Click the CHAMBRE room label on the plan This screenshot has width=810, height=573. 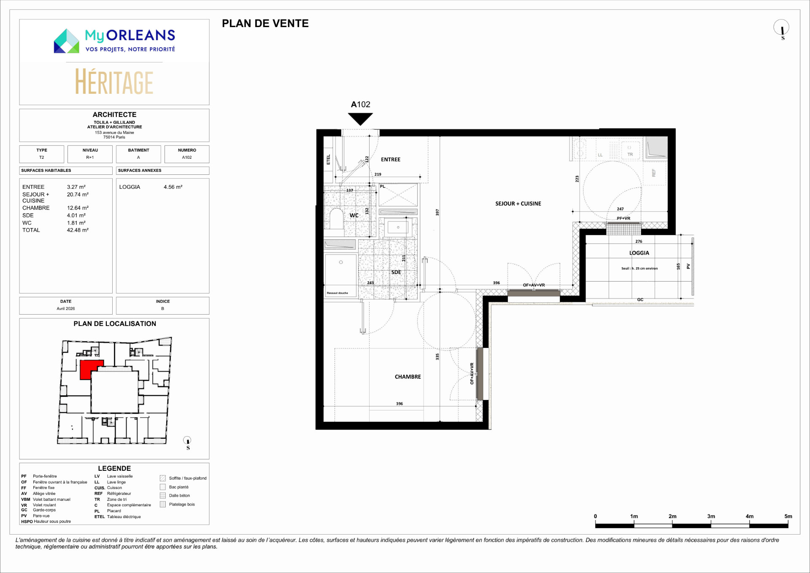[x=408, y=377]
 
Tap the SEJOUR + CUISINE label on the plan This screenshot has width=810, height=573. [x=518, y=204]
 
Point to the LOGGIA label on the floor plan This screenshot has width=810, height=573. [x=639, y=253]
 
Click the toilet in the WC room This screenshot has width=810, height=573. [x=336, y=218]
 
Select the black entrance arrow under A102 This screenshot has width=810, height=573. [x=360, y=119]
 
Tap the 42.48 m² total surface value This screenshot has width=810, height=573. [x=78, y=230]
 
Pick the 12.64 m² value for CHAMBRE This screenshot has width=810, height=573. [x=78, y=208]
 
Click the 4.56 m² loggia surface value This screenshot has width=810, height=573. [x=173, y=187]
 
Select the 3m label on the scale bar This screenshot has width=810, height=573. [x=711, y=516]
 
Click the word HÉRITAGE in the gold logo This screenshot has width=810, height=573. [x=114, y=82]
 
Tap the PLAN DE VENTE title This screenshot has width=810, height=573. [x=265, y=23]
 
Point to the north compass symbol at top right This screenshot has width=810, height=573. [x=781, y=28]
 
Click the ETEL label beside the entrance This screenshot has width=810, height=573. [x=329, y=160]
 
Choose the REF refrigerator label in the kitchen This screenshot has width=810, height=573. [x=654, y=173]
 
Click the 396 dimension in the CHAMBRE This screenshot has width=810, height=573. [x=400, y=404]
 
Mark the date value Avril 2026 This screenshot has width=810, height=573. [x=66, y=309]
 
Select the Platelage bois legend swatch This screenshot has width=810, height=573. [x=163, y=504]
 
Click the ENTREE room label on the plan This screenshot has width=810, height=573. [x=391, y=160]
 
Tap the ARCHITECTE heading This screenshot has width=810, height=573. [x=114, y=114]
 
